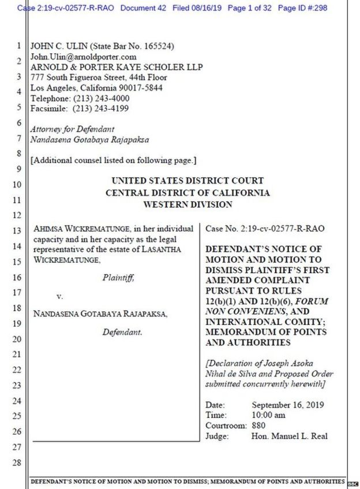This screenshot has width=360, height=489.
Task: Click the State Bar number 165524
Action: pyautogui.click(x=157, y=46)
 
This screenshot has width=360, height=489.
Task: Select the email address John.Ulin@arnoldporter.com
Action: pyautogui.click(x=83, y=57)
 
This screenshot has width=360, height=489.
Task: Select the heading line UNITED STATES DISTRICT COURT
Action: pyautogui.click(x=187, y=181)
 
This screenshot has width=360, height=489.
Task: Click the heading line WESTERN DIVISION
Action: pyautogui.click(x=187, y=204)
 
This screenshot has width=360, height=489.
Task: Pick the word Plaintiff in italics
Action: pyautogui.click(x=118, y=277)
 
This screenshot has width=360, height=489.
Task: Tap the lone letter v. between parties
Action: pyautogui.click(x=59, y=296)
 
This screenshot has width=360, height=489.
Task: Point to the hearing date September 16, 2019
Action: pyautogui.click(x=287, y=405)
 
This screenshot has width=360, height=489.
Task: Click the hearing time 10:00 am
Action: pyautogui.click(x=268, y=415)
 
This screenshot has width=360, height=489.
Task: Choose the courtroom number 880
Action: pyautogui.click(x=259, y=426)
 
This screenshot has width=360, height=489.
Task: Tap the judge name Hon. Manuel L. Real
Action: pyautogui.click(x=289, y=436)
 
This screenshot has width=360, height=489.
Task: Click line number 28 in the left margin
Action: pyautogui.click(x=17, y=462)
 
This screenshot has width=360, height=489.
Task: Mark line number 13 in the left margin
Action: pyautogui.click(x=17, y=230)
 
